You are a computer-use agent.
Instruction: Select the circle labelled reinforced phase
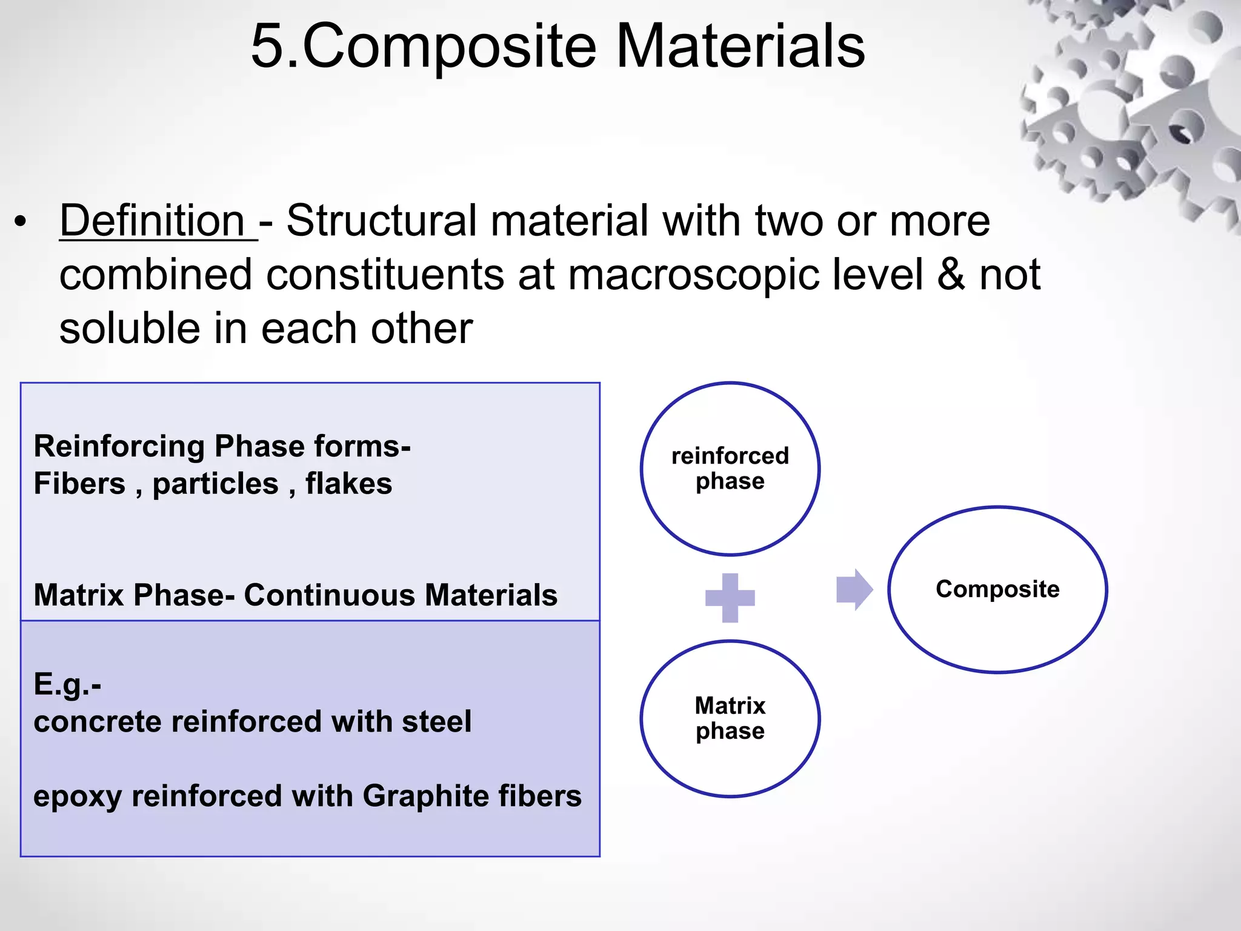point(730,469)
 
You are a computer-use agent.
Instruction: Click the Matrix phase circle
point(730,718)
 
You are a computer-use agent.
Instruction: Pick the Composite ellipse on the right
point(997,589)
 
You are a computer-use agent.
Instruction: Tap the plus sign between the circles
point(730,598)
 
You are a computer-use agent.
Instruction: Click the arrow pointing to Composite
point(854,589)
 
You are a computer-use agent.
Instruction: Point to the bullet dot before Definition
point(21,222)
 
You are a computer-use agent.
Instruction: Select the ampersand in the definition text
point(951,275)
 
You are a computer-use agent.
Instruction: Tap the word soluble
point(130,329)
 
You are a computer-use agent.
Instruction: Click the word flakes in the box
point(348,484)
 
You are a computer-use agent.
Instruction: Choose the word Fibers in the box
point(79,484)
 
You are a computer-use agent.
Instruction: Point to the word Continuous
point(330,595)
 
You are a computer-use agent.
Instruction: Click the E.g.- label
point(67,684)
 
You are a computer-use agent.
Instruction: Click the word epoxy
point(77,796)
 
